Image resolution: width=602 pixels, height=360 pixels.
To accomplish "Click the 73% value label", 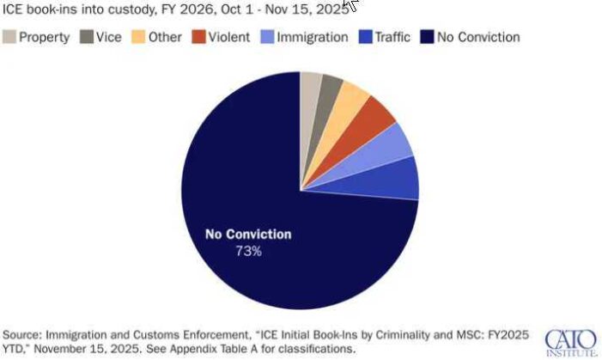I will pos(248,252).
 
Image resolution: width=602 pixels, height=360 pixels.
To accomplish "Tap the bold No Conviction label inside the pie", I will pos(247,235).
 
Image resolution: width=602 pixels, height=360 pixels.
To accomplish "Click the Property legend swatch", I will pos(9,37).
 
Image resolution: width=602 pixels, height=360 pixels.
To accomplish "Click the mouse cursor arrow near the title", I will pos(350,6).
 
